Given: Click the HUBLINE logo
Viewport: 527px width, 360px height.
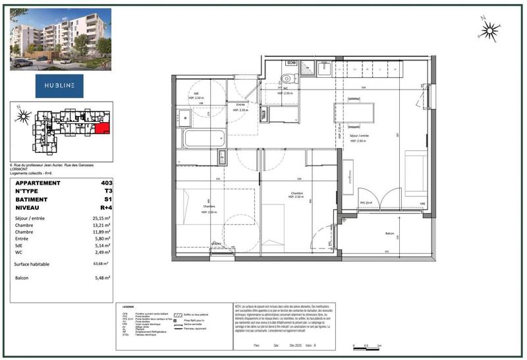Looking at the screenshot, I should pyautogui.click(x=60, y=86).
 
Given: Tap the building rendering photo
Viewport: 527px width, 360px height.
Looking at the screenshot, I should pyautogui.click(x=60, y=39).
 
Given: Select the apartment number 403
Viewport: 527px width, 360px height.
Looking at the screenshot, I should pyautogui.click(x=107, y=183).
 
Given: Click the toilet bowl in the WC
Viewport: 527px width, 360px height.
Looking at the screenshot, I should pyautogui.click(x=285, y=80).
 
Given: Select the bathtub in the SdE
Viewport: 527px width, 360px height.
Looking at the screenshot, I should pyautogui.click(x=204, y=138).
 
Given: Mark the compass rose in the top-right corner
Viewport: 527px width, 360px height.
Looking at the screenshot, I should pyautogui.click(x=488, y=28).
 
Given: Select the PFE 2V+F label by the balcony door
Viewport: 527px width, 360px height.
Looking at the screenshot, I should pyautogui.click(x=367, y=202).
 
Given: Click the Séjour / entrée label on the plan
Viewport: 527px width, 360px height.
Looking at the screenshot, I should pyautogui.click(x=359, y=136).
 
